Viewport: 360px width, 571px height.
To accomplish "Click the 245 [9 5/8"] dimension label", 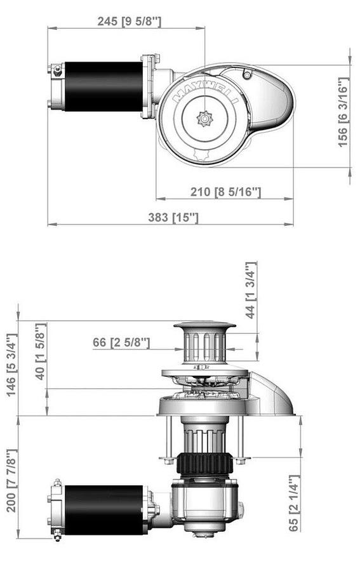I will click(130, 21).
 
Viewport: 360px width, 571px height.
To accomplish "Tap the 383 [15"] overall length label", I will click(173, 218).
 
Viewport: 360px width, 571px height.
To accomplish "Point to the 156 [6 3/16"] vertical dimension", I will click(343, 112).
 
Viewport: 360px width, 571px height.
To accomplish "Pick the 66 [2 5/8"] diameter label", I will click(121, 343).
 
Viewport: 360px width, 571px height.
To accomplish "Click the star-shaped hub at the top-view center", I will click(204, 119).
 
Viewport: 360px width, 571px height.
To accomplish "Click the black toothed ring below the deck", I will click(204, 464).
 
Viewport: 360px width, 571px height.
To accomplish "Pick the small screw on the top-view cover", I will click(247, 75).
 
